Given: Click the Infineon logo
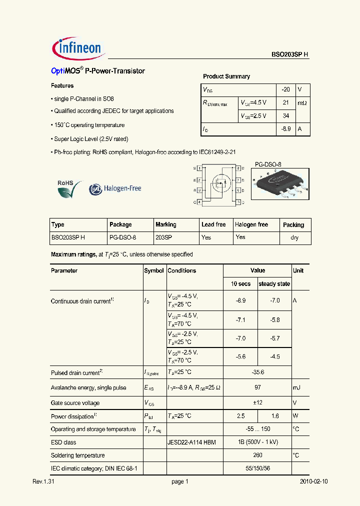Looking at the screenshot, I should tap(77, 48).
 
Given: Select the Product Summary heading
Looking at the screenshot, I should tap(226, 76).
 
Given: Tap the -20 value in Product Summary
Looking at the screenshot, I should tap(285, 89).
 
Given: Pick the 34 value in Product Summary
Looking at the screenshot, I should tap(285, 116).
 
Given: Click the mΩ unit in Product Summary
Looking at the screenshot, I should tap(302, 103).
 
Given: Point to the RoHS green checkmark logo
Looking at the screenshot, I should tap(68, 189).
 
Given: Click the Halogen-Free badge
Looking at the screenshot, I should tap(115, 189).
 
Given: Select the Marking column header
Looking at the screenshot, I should tap(165, 224).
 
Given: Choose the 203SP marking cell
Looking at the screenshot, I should tap(163, 237).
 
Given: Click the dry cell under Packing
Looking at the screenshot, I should tap(294, 238).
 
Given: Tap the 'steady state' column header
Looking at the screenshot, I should tap(274, 284).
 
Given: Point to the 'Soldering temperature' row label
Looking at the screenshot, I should tap(78, 455).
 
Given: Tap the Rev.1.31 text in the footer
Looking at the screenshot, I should tap(43, 481).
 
